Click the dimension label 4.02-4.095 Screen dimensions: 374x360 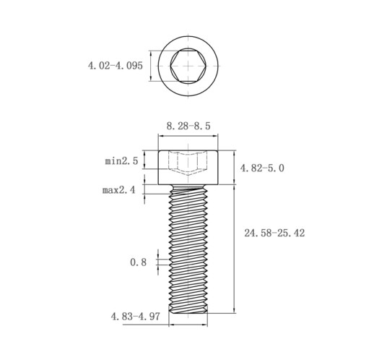pyautogui.click(x=116, y=66)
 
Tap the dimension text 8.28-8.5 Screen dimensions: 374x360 pyautogui.click(x=188, y=126)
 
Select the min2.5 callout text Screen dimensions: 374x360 pyautogui.click(x=121, y=160)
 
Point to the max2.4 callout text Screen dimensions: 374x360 pyautogui.click(x=119, y=190)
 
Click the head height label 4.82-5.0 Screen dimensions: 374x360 pyautogui.click(x=262, y=168)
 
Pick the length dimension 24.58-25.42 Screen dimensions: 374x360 pyautogui.click(x=274, y=233)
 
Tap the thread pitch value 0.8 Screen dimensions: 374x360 pyautogui.click(x=138, y=262)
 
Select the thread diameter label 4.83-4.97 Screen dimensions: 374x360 pyautogui.click(x=135, y=317)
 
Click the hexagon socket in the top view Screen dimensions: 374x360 pyautogui.click(x=188, y=66)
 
